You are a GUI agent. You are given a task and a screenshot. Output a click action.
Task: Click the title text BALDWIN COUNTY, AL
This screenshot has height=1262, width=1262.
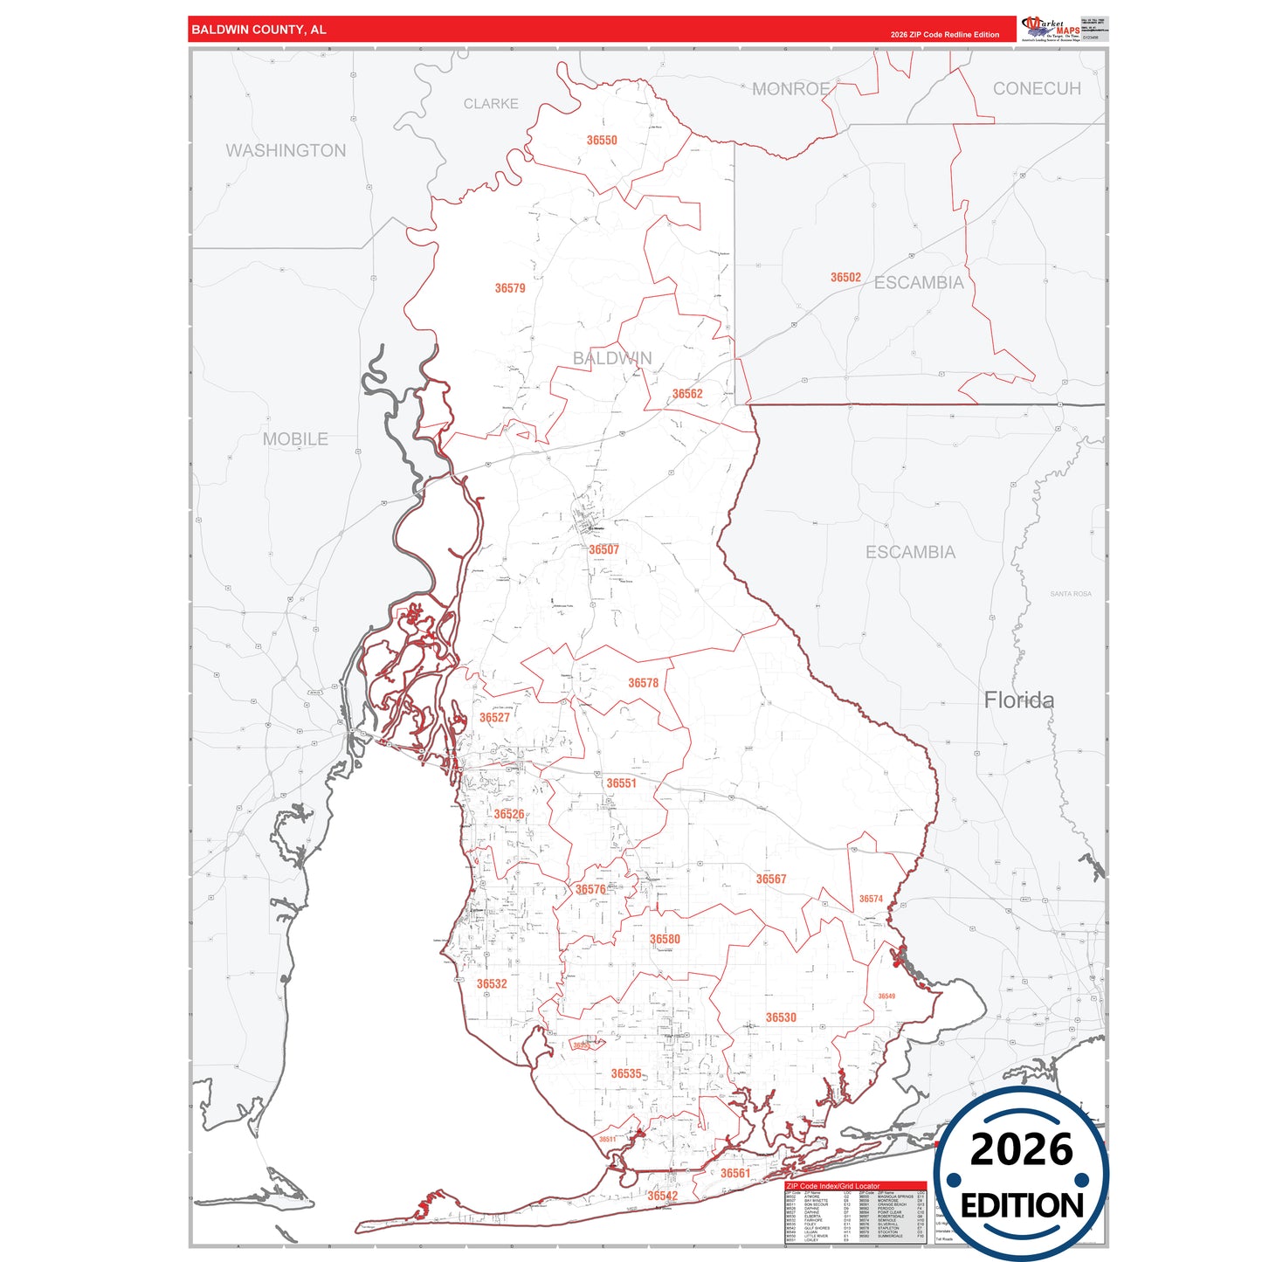[259, 30]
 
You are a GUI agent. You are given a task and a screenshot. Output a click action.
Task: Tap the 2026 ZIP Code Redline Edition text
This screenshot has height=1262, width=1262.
[944, 35]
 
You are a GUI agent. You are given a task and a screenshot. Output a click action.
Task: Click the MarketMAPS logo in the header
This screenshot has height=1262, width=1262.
[1051, 28]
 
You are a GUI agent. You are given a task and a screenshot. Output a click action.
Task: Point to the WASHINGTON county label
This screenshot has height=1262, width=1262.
[286, 150]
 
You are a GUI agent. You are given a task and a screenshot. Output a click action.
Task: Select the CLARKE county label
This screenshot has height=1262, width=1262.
[490, 104]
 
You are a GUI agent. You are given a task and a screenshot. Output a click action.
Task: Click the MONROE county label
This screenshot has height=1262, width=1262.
[790, 89]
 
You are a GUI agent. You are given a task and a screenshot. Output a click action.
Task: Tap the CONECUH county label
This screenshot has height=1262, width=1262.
[1036, 89]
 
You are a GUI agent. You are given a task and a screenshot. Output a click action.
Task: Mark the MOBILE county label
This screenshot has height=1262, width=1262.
[295, 439]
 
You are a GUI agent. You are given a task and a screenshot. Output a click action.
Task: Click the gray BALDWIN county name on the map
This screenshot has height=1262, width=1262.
[611, 358]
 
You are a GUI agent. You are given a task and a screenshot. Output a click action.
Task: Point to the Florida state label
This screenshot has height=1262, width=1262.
[1018, 700]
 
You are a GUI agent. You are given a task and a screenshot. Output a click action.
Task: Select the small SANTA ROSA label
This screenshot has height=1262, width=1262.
[1070, 594]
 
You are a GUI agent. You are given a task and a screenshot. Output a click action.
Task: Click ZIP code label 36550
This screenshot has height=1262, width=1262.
[602, 141]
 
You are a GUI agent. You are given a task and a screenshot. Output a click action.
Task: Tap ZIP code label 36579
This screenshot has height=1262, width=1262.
[510, 288]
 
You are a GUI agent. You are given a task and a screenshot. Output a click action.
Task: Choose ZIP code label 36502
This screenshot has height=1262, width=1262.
[845, 278]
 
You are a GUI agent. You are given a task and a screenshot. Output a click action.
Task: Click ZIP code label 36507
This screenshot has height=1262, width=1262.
[603, 550]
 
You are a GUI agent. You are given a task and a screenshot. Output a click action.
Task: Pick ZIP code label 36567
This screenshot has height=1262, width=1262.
[771, 879]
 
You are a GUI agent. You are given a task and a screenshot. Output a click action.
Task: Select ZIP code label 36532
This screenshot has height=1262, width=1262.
[492, 984]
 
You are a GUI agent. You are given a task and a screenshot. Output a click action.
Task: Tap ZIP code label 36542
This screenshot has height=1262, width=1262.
[662, 1196]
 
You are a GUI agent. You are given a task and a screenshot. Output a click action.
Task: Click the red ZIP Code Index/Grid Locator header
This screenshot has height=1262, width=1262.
[833, 1186]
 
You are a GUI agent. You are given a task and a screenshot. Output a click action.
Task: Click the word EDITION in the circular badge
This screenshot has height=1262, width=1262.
[1021, 1206]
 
